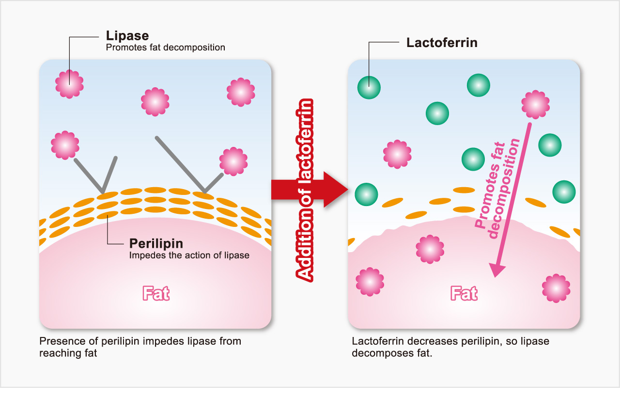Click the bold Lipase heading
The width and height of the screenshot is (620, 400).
(x=127, y=36)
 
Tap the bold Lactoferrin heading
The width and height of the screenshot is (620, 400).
(x=442, y=43)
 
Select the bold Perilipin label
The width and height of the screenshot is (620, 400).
(x=156, y=243)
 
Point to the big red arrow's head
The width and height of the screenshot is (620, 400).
(x=336, y=190)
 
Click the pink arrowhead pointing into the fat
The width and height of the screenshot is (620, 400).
(x=496, y=270)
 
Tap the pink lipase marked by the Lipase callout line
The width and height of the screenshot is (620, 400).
(x=69, y=84)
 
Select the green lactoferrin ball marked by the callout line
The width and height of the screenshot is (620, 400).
(x=369, y=88)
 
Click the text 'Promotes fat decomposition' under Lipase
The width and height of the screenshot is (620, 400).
(x=165, y=48)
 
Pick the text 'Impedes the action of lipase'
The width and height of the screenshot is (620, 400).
(x=189, y=255)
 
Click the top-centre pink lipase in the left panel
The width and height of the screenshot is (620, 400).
(x=155, y=102)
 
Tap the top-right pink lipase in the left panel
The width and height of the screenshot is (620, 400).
(x=241, y=92)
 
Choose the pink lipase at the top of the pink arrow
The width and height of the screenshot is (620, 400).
(x=536, y=104)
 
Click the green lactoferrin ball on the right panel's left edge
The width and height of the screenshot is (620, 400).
(x=366, y=194)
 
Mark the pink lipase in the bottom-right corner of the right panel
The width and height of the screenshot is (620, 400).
(x=556, y=288)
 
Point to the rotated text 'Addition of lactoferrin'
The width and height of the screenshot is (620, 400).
(x=305, y=191)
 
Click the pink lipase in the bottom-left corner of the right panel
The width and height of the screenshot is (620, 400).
(x=370, y=282)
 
